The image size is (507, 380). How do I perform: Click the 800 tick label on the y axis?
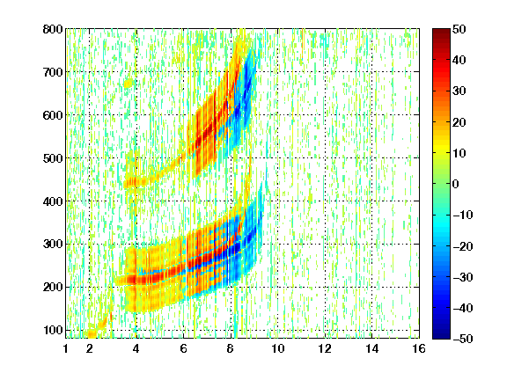pyautogui.click(x=53, y=29)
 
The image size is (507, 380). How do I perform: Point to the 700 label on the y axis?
pyautogui.click(x=53, y=72)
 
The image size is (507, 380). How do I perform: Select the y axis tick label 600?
pyautogui.click(x=53, y=115)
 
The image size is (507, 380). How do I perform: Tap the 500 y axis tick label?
pyautogui.click(x=53, y=158)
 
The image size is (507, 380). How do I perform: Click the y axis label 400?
pyautogui.click(x=53, y=201)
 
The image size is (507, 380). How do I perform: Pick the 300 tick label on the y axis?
pyautogui.click(x=53, y=245)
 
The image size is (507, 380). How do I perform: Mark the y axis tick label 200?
pyautogui.click(x=53, y=288)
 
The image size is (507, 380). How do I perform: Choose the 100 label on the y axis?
pyautogui.click(x=53, y=330)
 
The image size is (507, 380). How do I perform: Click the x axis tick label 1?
pyautogui.click(x=66, y=348)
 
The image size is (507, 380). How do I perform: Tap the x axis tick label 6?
pyautogui.click(x=183, y=348)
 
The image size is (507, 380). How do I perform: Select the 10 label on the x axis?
pyautogui.click(x=277, y=348)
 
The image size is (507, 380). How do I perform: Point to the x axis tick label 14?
pyautogui.click(x=371, y=348)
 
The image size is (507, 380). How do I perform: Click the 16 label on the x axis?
pyautogui.click(x=419, y=348)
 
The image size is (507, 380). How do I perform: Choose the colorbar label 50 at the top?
pyautogui.click(x=459, y=29)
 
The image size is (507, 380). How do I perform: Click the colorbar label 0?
pyautogui.click(x=456, y=184)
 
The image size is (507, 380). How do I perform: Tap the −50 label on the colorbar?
pyautogui.click(x=463, y=339)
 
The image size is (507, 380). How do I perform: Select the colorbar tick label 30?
pyautogui.click(x=459, y=91)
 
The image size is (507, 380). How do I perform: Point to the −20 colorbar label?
pyautogui.click(x=463, y=246)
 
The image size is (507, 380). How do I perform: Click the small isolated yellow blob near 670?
pyautogui.click(x=129, y=84)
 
